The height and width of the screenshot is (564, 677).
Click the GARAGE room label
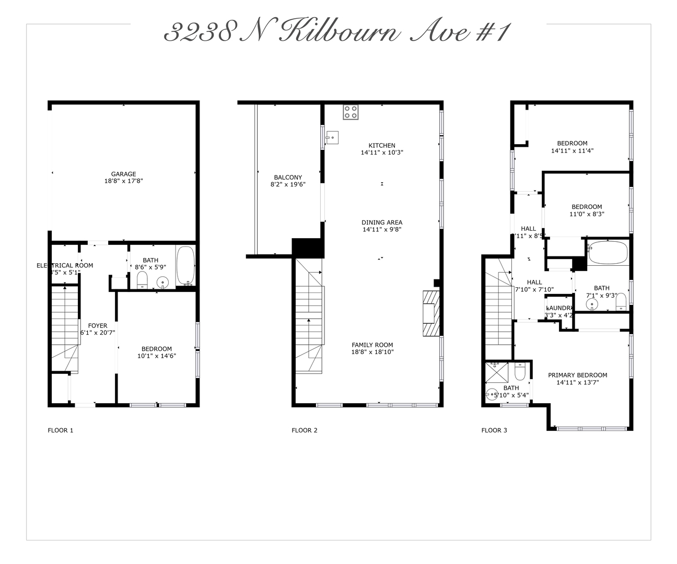click(123, 174)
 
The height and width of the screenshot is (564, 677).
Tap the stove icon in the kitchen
click(351, 112)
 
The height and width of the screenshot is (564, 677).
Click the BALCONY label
click(288, 178)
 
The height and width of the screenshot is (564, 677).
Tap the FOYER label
click(98, 326)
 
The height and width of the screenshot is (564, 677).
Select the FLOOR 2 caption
click(305, 430)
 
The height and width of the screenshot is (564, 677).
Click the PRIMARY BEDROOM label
click(577, 375)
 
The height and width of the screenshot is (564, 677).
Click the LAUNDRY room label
click(559, 308)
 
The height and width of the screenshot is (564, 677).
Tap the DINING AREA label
click(382, 222)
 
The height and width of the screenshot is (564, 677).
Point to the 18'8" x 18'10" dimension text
click(372, 352)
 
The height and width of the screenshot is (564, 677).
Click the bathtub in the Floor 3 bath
click(608, 252)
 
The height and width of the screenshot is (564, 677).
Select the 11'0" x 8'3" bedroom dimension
click(587, 214)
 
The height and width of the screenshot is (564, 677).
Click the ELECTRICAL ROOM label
click(65, 265)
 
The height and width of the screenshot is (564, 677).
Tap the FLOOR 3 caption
click(494, 430)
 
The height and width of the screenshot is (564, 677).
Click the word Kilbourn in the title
click(340, 33)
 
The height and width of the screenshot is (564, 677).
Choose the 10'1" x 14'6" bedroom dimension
click(157, 356)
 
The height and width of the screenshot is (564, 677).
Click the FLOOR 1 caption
click(61, 430)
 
